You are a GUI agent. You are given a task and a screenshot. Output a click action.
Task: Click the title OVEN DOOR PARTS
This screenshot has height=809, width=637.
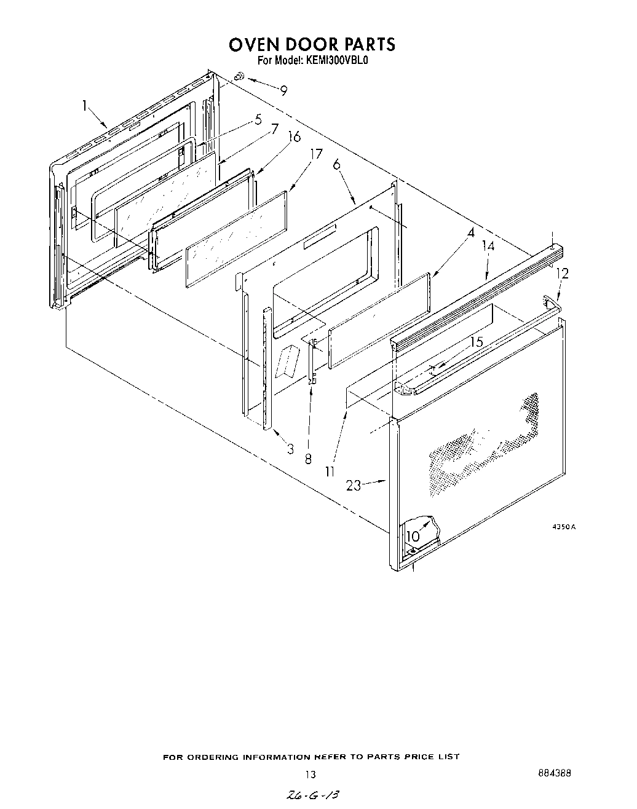click(x=312, y=44)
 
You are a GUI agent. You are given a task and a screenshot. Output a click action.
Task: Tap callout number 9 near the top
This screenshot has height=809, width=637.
click(x=283, y=90)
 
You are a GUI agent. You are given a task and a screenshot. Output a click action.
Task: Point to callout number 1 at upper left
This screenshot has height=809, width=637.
click(x=85, y=106)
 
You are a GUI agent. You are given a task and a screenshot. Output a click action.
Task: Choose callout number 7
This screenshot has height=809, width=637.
click(x=274, y=129)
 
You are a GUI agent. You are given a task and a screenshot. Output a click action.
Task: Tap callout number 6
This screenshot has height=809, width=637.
click(x=336, y=164)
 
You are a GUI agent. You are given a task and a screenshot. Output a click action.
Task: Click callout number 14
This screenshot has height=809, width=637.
click(x=488, y=247)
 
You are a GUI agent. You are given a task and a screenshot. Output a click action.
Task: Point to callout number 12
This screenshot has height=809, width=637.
click(x=562, y=274)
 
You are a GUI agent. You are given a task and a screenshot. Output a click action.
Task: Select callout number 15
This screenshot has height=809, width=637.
click(x=477, y=342)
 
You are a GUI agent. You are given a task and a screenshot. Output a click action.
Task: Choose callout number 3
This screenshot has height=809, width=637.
click(x=290, y=449)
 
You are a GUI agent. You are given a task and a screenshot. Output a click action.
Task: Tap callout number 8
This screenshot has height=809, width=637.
click(x=307, y=459)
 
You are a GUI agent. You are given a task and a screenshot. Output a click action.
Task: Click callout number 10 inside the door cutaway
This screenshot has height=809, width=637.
click(x=413, y=536)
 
